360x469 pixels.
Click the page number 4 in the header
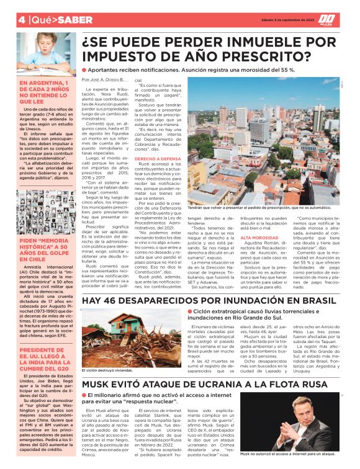pos(5,20)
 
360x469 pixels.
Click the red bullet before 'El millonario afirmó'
pos(85,396)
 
